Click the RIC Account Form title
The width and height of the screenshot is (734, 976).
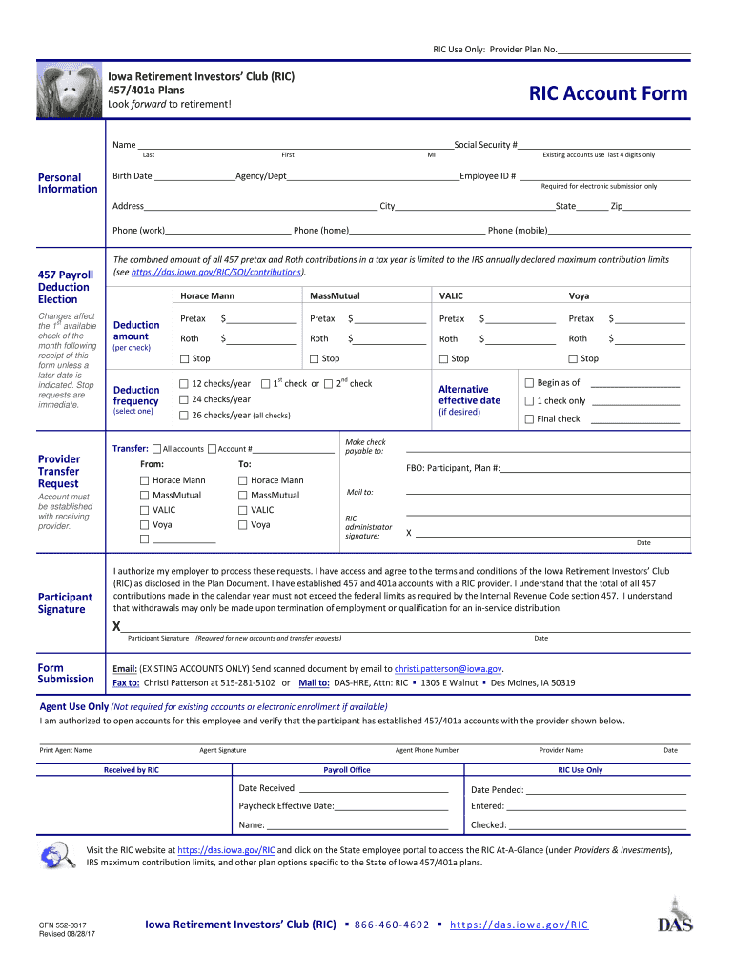tap(608, 93)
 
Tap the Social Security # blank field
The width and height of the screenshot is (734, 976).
tap(604, 145)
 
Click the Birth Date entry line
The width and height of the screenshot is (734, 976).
tap(194, 176)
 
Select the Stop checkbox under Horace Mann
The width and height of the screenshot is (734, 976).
tap(184, 359)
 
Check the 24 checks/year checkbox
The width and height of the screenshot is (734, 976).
tap(184, 400)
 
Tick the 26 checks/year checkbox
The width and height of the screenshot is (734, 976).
tap(184, 416)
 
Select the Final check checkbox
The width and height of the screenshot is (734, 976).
tap(529, 419)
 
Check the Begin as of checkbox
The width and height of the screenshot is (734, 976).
tap(529, 383)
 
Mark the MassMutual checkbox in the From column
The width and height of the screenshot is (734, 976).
tap(145, 496)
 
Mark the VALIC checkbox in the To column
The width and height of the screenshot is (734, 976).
tap(243, 510)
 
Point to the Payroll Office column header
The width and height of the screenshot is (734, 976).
tap(347, 770)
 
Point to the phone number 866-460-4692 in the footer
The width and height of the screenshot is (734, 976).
tap(391, 925)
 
